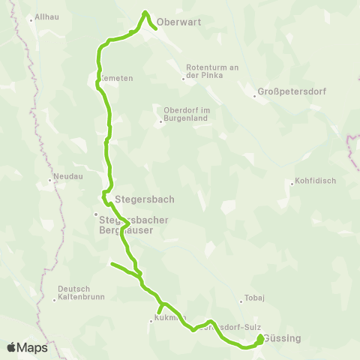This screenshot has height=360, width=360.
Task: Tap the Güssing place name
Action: point(283,338)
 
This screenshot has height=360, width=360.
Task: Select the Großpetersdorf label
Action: point(289,93)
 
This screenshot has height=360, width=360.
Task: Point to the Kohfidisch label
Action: point(315,181)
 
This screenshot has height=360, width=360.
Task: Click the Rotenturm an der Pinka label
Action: point(211,71)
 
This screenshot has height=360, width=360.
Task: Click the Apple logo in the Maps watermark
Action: point(11,347)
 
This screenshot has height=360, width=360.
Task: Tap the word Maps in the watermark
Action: point(33,347)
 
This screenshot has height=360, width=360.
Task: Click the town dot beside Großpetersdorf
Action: point(254,95)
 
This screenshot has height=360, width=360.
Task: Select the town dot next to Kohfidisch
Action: point(292,183)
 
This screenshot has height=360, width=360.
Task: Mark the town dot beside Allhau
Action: point(31,19)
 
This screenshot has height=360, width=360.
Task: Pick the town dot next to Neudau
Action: point(50,179)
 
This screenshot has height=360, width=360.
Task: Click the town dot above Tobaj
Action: point(241,301)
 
